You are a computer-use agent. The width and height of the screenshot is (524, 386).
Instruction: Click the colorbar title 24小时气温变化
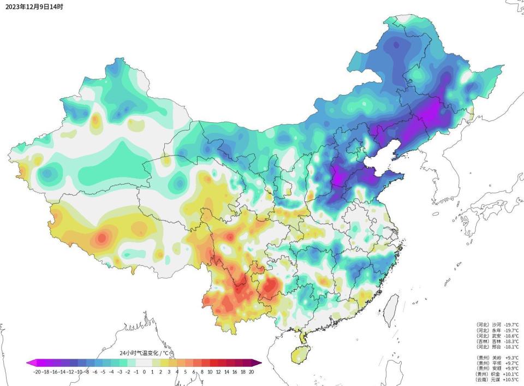tap(143, 353)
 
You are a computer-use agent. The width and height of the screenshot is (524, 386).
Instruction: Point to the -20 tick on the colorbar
tap(37, 372)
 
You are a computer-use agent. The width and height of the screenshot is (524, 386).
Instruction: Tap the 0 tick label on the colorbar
tap(144, 372)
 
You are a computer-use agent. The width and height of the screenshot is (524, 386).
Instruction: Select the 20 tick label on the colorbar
tap(251, 372)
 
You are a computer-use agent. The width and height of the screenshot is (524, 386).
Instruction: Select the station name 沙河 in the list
tap(496, 324)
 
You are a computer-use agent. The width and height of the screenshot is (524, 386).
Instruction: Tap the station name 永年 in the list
tap(496, 330)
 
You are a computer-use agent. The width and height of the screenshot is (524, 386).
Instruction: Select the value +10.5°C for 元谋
tap(511, 379)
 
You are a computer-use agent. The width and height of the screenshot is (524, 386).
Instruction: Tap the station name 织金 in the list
tap(496, 374)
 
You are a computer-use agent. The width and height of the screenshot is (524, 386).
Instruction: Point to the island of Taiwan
tap(391, 306)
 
